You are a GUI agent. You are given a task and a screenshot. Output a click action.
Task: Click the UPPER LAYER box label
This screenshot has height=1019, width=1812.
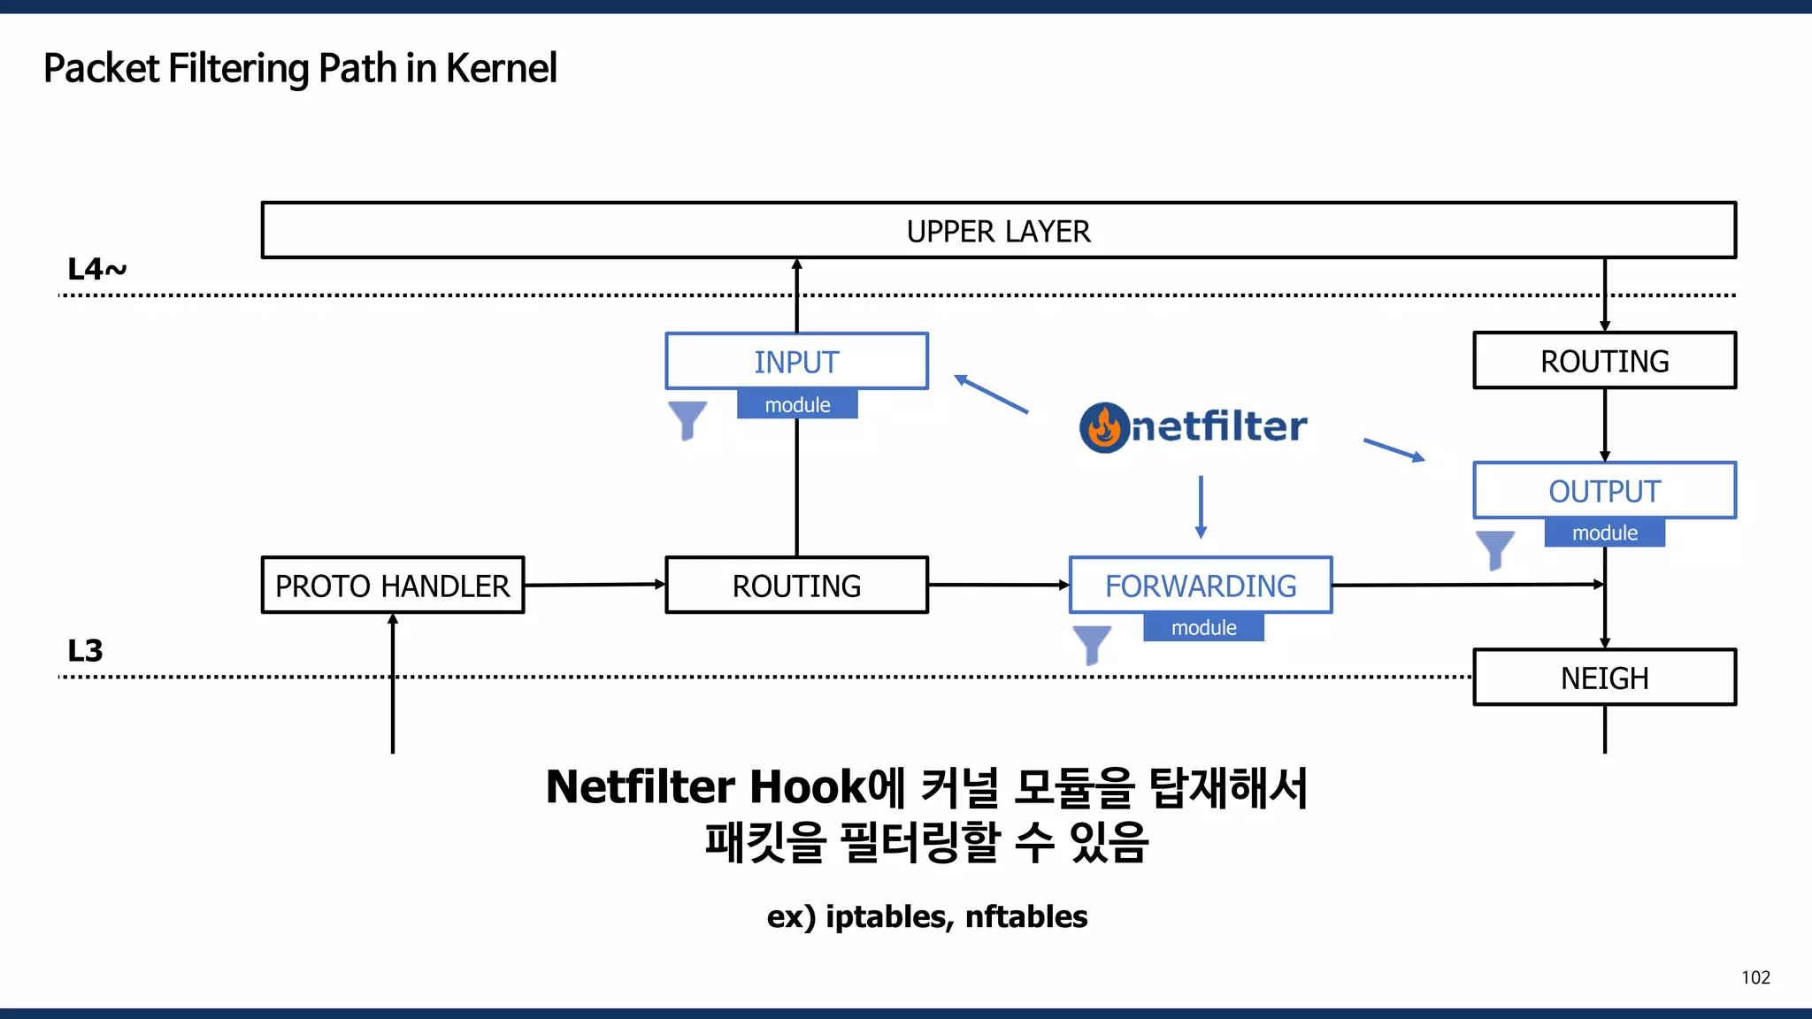pyautogui.click(x=998, y=231)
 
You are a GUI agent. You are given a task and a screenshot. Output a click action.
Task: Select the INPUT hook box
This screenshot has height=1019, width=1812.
pyautogui.click(x=796, y=361)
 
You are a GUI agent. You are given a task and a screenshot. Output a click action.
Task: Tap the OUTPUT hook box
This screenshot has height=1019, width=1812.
pyautogui.click(x=1604, y=490)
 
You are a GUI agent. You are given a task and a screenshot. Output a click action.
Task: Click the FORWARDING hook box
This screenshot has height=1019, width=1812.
pyautogui.click(x=1200, y=585)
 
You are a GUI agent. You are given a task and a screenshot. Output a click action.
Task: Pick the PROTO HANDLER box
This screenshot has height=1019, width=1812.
pyautogui.click(x=392, y=585)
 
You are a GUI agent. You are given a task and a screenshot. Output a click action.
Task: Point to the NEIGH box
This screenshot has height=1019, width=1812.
pyautogui.click(x=1604, y=678)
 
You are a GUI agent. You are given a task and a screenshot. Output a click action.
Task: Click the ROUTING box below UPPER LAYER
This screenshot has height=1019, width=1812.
pyautogui.click(x=1604, y=361)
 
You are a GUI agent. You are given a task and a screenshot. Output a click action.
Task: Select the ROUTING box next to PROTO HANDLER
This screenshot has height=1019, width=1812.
pyautogui.click(x=796, y=585)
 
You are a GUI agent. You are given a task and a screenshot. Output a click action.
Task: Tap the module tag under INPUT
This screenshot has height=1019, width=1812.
pyautogui.click(x=797, y=404)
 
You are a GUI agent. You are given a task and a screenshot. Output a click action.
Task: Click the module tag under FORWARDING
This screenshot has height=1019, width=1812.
pyautogui.click(x=1203, y=627)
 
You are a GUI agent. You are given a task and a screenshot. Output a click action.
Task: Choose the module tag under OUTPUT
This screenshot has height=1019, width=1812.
pyautogui.click(x=1604, y=532)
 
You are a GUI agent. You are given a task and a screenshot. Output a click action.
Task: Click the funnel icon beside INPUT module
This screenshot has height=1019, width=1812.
pyautogui.click(x=687, y=419)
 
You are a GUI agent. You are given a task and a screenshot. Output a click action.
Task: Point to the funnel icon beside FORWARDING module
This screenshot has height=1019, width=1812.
pyautogui.click(x=1092, y=644)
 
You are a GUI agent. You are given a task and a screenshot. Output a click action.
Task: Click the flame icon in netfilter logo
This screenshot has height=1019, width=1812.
pyautogui.click(x=1104, y=427)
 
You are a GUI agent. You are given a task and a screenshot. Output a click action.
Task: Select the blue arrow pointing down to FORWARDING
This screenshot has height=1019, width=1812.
pyautogui.click(x=1201, y=507)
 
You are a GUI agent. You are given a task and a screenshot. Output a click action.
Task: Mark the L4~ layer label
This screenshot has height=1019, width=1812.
pyautogui.click(x=96, y=269)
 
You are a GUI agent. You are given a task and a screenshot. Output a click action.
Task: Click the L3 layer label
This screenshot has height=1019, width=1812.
pyautogui.click(x=85, y=651)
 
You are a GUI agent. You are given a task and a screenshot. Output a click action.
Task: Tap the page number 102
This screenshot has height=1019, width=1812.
pyautogui.click(x=1755, y=977)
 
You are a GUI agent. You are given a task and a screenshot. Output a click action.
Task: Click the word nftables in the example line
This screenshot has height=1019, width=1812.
pyautogui.click(x=1025, y=916)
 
